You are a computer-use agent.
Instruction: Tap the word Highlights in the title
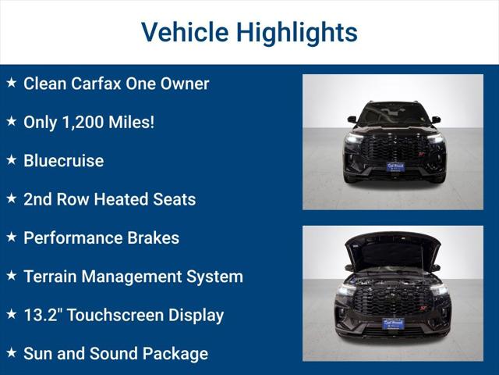point(297,32)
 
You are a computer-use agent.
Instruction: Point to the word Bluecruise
point(63,160)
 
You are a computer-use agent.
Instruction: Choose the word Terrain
point(51,276)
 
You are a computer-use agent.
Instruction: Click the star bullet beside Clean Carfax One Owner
point(11,82)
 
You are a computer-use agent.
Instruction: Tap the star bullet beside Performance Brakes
point(11,236)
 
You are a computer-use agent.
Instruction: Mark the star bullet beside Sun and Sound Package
point(11,352)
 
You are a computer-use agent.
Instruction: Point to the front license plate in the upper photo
point(395,167)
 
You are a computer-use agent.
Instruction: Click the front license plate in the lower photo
point(393,323)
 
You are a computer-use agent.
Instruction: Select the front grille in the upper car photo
point(394,146)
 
